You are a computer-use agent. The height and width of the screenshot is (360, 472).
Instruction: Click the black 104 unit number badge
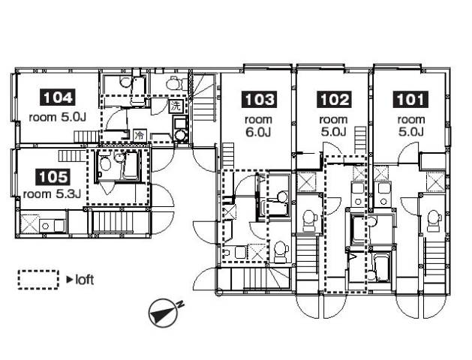[57, 97]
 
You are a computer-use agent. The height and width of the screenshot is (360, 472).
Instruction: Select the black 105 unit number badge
[53, 177]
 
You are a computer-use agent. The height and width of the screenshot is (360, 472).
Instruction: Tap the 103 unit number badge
[259, 100]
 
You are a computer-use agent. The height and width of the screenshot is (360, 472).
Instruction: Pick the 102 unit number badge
[334, 100]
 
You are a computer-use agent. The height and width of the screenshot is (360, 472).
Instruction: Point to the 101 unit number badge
[410, 100]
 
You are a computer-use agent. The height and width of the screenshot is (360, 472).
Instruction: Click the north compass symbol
[164, 313]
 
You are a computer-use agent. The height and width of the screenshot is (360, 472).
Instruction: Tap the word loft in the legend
[84, 280]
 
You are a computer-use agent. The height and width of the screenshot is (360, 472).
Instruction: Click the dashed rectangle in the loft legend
[38, 280]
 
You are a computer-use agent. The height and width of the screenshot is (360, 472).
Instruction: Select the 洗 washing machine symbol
[175, 106]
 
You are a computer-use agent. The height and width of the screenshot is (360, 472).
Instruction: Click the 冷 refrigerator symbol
[140, 135]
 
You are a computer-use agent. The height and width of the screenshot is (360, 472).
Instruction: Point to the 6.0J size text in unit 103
[258, 132]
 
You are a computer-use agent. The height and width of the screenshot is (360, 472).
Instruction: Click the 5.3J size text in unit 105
[68, 194]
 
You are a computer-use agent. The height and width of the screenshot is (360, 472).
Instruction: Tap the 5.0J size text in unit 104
[74, 117]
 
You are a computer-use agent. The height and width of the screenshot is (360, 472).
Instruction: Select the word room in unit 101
[411, 120]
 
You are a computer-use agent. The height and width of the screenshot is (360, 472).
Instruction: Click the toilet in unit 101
[434, 220]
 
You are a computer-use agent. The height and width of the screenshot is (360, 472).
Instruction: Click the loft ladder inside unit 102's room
[361, 140]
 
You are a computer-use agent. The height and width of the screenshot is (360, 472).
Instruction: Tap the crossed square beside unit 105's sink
[29, 223]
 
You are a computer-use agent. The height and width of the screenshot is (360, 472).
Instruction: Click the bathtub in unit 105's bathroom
[130, 166]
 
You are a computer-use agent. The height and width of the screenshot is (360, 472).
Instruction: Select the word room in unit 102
[333, 120]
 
